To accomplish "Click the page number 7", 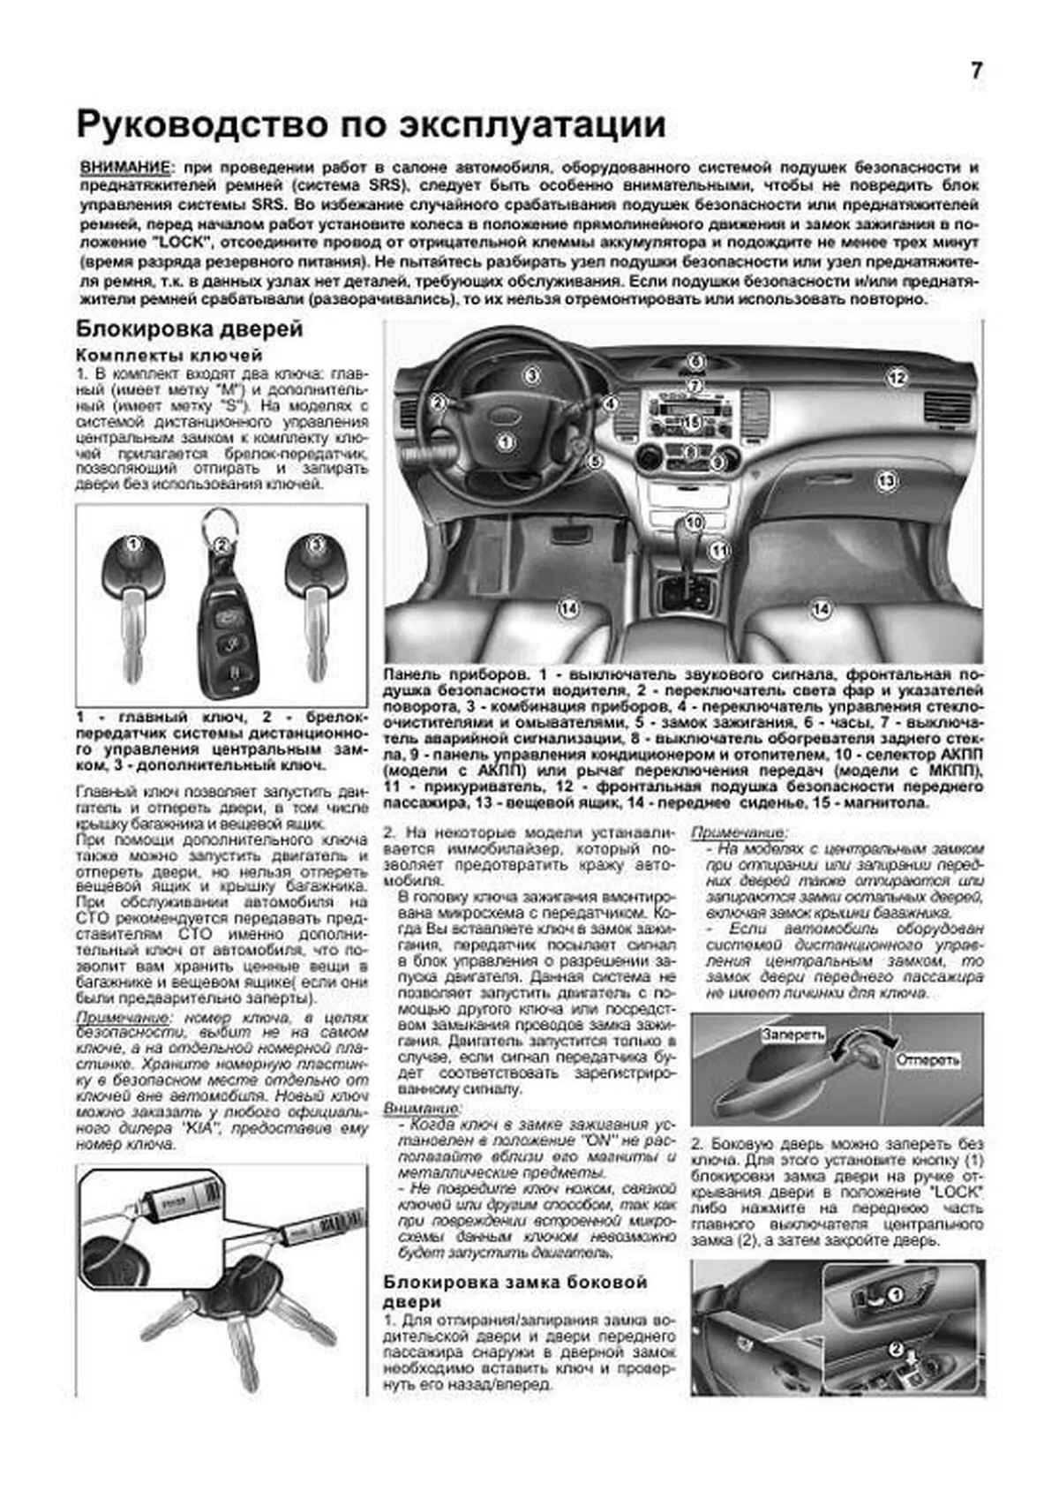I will (x=976, y=72).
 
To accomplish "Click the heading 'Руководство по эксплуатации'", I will (x=371, y=124).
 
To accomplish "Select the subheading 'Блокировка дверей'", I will (x=189, y=329).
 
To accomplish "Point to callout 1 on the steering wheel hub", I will (x=505, y=441).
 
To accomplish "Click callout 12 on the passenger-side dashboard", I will (x=896, y=379).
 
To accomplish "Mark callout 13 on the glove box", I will (x=886, y=481).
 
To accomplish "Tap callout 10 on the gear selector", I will (x=694, y=522).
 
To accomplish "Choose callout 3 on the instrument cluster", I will (x=531, y=376).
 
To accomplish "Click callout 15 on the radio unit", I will (x=692, y=423).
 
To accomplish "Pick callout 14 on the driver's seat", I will (x=568, y=608).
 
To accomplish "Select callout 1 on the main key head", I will (x=132, y=545).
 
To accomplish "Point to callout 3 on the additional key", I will (x=315, y=545).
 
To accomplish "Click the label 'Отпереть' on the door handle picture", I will (x=928, y=1059).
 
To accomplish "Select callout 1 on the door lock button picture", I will (x=894, y=1295).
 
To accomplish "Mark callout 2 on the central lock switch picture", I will (x=894, y=1349).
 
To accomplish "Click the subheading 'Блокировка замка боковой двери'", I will (x=515, y=1291).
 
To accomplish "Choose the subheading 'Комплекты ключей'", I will (x=169, y=355).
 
